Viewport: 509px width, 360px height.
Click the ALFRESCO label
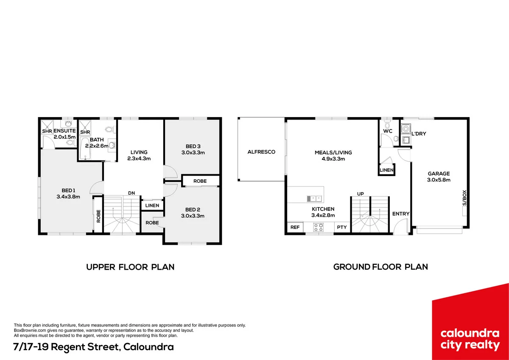coord(261,152)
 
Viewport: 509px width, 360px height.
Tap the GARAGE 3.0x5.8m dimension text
coord(439,180)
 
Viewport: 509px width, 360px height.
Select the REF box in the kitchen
coord(295,227)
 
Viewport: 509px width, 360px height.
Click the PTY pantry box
coord(342,227)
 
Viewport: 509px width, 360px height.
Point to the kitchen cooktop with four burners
coord(318,227)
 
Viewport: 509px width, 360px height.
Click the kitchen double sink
coord(314,199)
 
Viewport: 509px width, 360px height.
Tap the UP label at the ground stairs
coord(361,194)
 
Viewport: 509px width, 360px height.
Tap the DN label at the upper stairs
coord(131,193)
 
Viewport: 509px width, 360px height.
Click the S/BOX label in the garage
coord(464,198)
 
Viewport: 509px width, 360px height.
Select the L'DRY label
coord(419,134)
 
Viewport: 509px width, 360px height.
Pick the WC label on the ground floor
coord(388,131)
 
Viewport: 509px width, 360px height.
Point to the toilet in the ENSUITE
coord(71,143)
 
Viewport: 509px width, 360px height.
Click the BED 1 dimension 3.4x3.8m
coord(68,197)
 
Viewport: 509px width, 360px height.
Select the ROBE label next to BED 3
coord(200,181)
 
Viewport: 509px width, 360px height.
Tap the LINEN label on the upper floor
coord(152,206)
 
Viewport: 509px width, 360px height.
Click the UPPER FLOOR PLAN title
coord(130,267)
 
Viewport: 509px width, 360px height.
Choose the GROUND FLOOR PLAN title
coord(380,267)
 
